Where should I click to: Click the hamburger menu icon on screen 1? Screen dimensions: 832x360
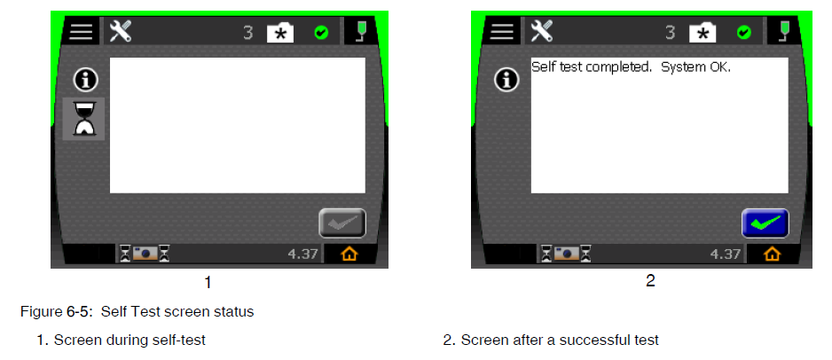[x=82, y=32]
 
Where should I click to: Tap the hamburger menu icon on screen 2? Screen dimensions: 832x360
[x=501, y=32]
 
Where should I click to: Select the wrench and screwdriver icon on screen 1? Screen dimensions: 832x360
[x=121, y=32]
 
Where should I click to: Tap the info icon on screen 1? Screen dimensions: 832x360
[x=85, y=80]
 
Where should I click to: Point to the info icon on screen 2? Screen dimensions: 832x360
[x=506, y=80]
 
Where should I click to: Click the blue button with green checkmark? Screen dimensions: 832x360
[x=765, y=223]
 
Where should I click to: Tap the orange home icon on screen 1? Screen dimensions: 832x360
[x=349, y=254]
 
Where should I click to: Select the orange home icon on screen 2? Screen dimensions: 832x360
[x=772, y=254]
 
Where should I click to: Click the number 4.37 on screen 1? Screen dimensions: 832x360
[x=302, y=254]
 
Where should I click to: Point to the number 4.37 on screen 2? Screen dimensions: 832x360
[x=726, y=254]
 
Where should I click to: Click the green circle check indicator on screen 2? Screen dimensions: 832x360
[x=744, y=33]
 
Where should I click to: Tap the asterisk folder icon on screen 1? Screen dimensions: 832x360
[x=280, y=34]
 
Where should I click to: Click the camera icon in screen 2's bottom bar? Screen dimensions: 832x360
[x=567, y=254]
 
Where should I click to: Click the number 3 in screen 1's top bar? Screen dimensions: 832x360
[x=248, y=33]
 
